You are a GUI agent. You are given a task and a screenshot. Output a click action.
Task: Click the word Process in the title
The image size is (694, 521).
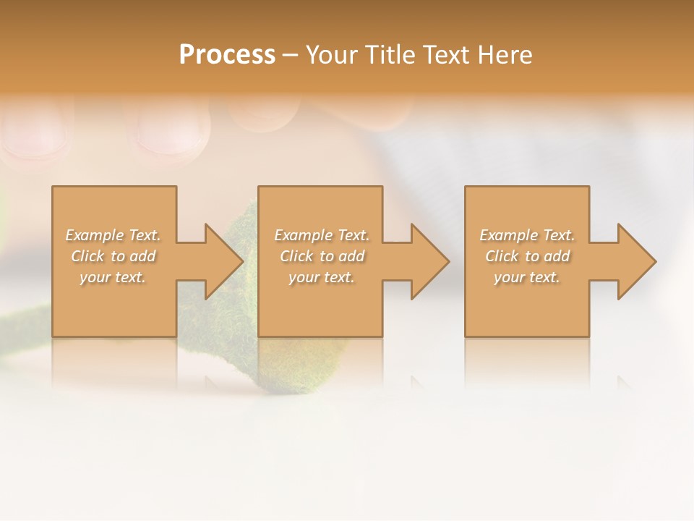click(x=227, y=55)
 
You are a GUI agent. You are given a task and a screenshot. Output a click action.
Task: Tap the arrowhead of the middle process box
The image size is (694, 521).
click(x=429, y=261)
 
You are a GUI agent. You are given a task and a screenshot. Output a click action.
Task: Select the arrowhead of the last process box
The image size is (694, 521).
click(x=635, y=261)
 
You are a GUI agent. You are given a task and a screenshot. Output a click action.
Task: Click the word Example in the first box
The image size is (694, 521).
click(x=95, y=235)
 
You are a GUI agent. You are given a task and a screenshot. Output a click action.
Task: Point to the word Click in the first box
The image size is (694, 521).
click(x=87, y=256)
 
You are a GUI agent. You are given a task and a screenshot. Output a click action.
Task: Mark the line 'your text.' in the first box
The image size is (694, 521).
click(x=113, y=277)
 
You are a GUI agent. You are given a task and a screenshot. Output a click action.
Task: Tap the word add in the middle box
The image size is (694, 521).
click(x=351, y=256)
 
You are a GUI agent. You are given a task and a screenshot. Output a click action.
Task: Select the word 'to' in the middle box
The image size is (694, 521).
click(x=327, y=256)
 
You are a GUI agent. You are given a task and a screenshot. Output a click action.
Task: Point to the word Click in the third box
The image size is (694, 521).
click(x=502, y=256)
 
